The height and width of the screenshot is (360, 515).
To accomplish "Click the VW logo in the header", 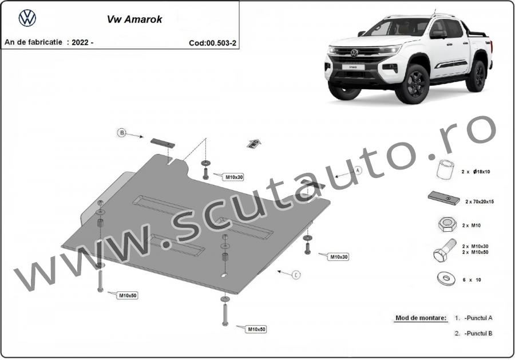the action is coord(27,18).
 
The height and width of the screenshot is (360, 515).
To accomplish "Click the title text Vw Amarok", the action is coord(134,19).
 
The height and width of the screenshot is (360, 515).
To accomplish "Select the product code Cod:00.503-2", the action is coord(212,43).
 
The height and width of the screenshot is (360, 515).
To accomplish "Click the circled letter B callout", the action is coord(122,133).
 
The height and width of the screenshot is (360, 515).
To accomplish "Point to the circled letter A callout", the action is coord(358,170).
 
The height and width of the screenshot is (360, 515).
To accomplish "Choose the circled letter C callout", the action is coord(296,275).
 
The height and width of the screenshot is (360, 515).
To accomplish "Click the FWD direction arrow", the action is coord(253,144).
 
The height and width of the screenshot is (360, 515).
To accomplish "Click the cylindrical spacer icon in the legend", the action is coord(445,169).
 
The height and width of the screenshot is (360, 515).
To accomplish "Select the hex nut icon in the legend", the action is coord(447,225).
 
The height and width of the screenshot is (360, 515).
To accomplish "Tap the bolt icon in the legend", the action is coord(445,250).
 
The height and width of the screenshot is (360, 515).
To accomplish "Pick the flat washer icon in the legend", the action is coord(446,279).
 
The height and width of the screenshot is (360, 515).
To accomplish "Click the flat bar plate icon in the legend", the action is coord(443,198).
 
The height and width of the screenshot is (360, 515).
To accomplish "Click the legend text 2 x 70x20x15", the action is coord(479,201).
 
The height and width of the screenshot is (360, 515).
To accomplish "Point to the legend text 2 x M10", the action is coord(472,226).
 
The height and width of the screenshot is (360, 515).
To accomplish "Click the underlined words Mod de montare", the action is coord(421,318).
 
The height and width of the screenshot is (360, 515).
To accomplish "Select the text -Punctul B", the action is coord(478,334).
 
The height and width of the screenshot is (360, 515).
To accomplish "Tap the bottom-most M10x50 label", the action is coord(256,329).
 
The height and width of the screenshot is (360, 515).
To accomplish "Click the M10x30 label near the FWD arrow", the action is coord(234,177).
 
